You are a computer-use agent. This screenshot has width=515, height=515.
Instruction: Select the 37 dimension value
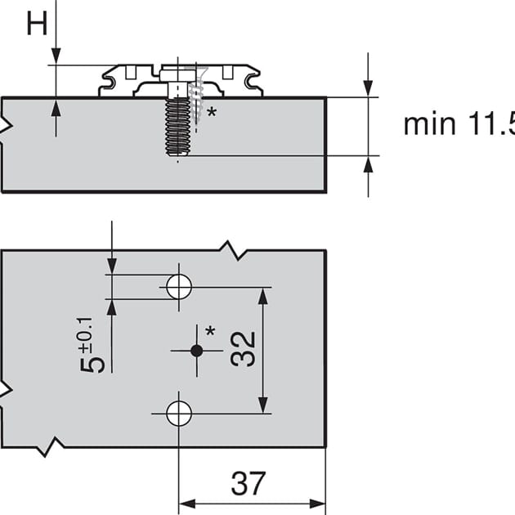(249, 484)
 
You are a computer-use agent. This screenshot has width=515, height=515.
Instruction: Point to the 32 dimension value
(244, 349)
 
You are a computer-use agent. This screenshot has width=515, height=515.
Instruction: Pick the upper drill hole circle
(179, 286)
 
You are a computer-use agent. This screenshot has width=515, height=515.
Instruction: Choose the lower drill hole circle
(179, 414)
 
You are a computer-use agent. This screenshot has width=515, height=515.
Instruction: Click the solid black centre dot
(196, 350)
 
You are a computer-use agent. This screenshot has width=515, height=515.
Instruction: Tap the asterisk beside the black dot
(211, 332)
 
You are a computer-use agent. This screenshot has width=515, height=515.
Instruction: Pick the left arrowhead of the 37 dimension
(187, 502)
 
